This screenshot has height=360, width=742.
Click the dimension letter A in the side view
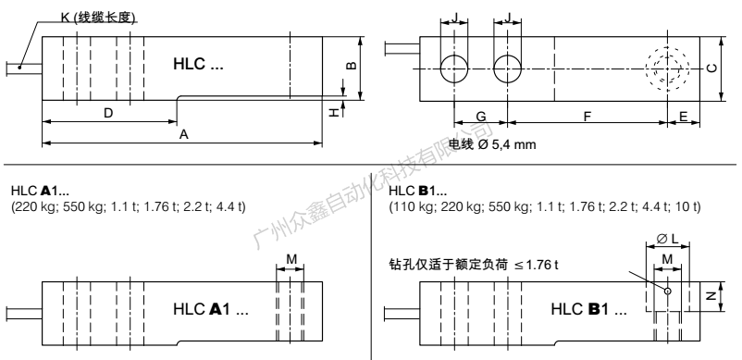click(x=183, y=134)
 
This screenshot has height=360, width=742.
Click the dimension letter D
click(x=108, y=113)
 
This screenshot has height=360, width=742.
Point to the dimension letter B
click(x=352, y=67)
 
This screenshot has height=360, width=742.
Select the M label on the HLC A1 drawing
click(x=291, y=258)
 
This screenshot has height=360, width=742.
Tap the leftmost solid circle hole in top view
click(x=453, y=68)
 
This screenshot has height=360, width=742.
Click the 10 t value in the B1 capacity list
click(x=689, y=205)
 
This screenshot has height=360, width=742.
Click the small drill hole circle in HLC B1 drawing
click(x=666, y=290)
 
